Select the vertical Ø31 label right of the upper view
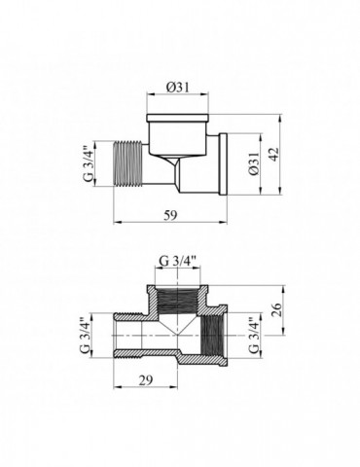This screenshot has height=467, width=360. pos(255,166)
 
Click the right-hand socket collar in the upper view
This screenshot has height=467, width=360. pos(221,164)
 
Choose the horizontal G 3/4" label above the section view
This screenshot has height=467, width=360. pos(178,260)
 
